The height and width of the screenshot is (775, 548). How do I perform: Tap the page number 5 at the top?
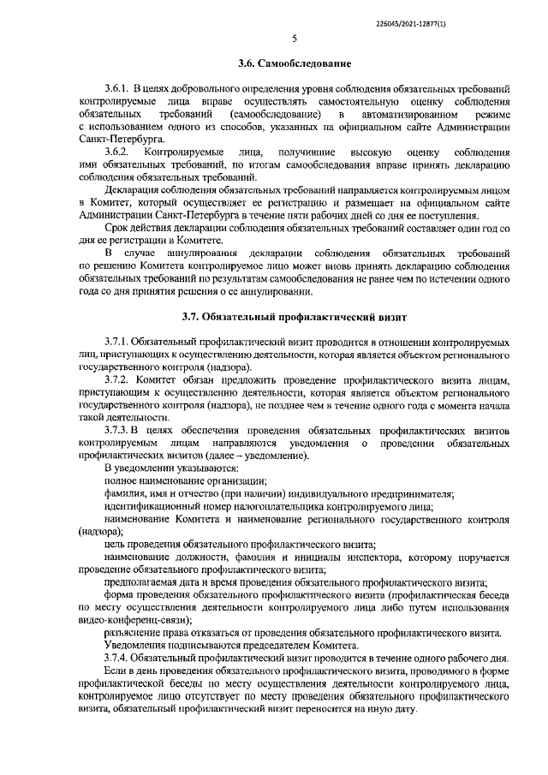pyautogui.click(x=293, y=39)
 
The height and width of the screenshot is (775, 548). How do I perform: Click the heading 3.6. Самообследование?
pyautogui.click(x=294, y=63)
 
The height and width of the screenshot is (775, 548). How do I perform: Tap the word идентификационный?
pyautogui.click(x=152, y=507)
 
